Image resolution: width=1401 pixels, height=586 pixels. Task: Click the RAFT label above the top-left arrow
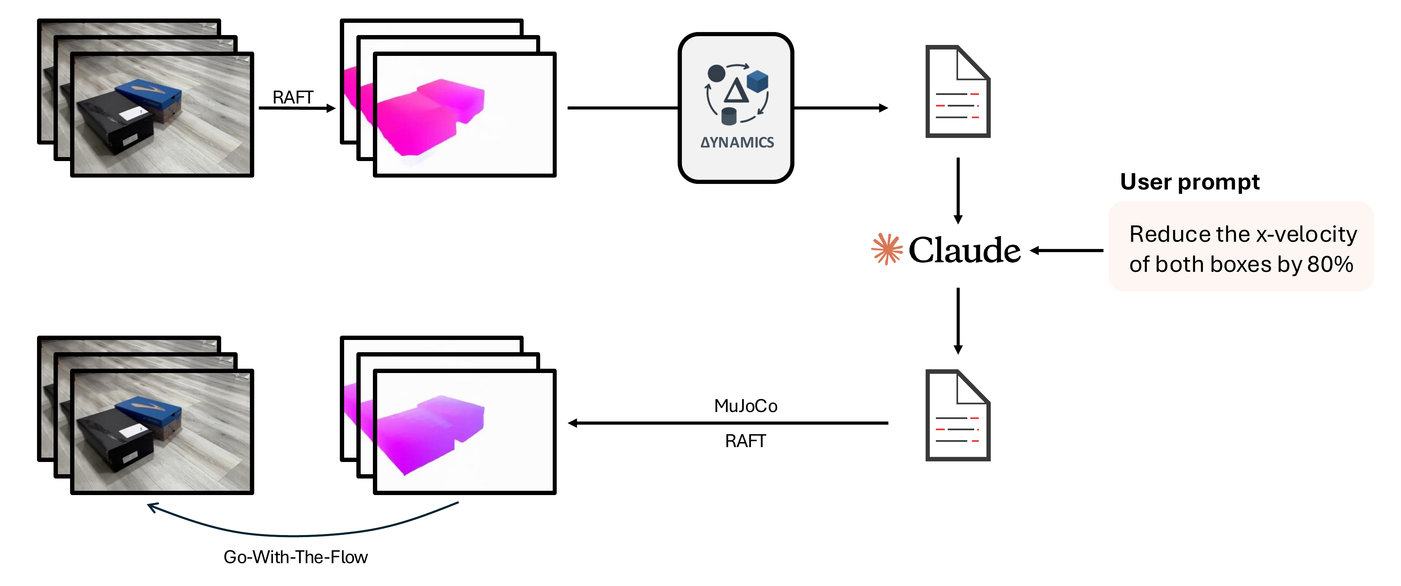pyautogui.click(x=293, y=98)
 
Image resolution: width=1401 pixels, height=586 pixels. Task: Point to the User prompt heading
pyautogui.click(x=1189, y=182)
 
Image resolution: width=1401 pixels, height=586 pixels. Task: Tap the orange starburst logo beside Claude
pyautogui.click(x=887, y=249)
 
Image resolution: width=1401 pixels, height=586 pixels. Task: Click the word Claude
pyautogui.click(x=964, y=250)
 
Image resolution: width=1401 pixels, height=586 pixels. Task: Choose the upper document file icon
pyautogui.click(x=957, y=91)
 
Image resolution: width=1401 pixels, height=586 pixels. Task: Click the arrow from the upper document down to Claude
pyautogui.click(x=958, y=190)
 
